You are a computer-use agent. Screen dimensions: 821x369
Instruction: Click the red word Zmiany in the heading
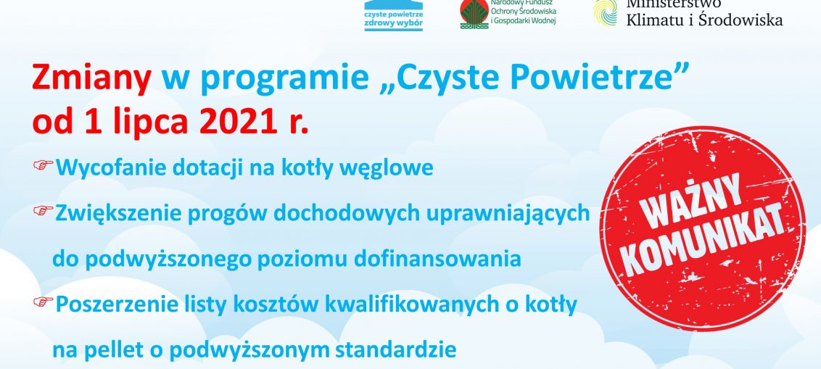coord(91,79)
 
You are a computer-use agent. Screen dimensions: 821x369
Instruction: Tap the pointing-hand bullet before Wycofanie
coord(44,165)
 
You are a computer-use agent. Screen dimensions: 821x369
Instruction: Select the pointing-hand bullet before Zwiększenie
coord(44,210)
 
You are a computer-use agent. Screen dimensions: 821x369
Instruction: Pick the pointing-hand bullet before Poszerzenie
coord(44,301)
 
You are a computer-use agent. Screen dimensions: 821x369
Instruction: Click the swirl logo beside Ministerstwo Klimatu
coord(605,12)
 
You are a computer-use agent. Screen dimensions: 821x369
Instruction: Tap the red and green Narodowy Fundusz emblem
coord(474,13)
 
